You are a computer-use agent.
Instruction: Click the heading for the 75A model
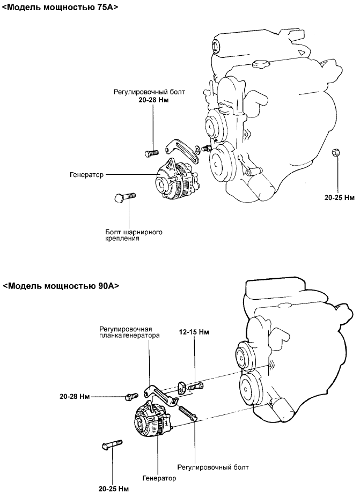tap(60, 8)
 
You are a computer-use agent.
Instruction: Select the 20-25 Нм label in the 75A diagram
tap(340, 197)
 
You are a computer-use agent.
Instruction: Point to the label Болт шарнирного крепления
tap(134, 235)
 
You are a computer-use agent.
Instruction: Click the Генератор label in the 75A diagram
tap(86, 175)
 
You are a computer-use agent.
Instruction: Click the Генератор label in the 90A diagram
tap(159, 478)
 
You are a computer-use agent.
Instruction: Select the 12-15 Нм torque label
tap(194, 332)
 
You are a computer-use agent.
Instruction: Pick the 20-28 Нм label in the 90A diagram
tap(74, 397)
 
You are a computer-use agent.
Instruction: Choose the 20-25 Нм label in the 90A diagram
tap(113, 489)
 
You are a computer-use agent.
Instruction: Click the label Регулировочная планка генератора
tap(129, 332)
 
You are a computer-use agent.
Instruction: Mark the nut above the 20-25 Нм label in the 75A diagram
tap(335, 153)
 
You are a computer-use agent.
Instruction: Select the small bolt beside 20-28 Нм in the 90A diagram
tap(130, 397)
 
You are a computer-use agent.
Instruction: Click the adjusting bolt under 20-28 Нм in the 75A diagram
tap(152, 153)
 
